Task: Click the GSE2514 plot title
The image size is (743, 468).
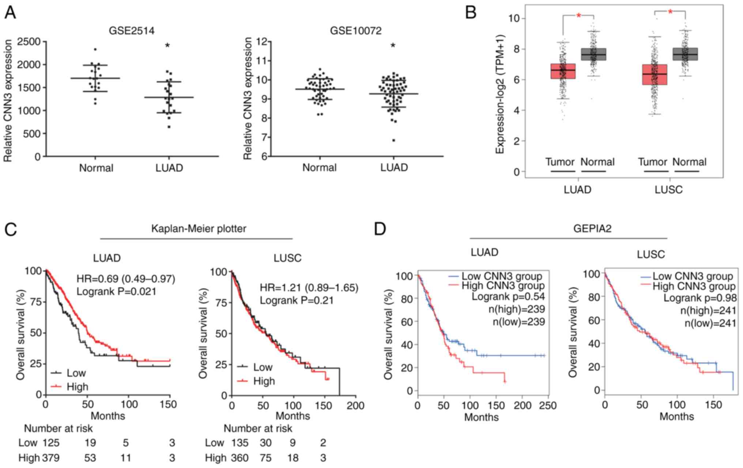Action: pyautogui.click(x=132, y=31)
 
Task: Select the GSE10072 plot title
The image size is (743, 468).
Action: pyautogui.click(x=355, y=31)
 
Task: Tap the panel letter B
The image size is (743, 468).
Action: pyautogui.click(x=471, y=13)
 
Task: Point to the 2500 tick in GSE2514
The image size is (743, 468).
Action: pyautogui.click(x=31, y=42)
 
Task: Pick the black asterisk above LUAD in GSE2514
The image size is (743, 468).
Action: pyautogui.click(x=167, y=46)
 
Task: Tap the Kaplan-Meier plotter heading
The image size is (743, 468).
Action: pyautogui.click(x=199, y=229)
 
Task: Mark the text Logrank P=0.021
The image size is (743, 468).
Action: pyautogui.click(x=116, y=291)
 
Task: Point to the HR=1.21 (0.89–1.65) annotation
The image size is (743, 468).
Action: pyautogui.click(x=309, y=288)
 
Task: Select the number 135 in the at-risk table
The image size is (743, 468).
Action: pyautogui.click(x=240, y=443)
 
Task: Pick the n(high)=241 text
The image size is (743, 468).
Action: pyautogui.click(x=708, y=311)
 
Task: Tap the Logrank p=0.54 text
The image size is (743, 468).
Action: pyautogui.click(x=508, y=297)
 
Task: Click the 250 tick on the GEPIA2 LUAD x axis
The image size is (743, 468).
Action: pyautogui.click(x=548, y=405)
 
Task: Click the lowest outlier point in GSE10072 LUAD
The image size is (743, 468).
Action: pyautogui.click(x=393, y=140)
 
